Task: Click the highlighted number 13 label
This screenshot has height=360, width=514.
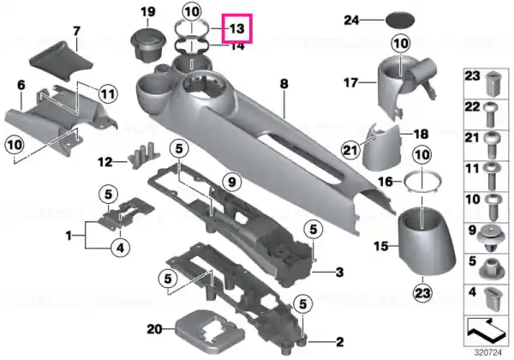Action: (236, 28)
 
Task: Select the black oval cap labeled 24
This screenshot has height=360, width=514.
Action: (399, 21)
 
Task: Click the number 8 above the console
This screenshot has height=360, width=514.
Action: (284, 84)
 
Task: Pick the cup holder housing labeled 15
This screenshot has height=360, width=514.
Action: (426, 242)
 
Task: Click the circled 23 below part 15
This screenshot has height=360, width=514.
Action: (422, 293)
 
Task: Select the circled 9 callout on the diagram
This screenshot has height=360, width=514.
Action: (232, 182)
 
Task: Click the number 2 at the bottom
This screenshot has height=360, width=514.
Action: (339, 342)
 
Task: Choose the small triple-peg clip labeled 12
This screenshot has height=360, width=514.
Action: (143, 155)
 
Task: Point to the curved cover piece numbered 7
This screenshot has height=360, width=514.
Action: (63, 60)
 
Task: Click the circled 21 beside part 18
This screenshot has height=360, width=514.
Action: (350, 151)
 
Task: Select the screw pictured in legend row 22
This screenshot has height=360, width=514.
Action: (490, 115)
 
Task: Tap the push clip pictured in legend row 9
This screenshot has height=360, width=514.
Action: (490, 237)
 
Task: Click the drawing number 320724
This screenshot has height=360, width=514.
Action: (488, 353)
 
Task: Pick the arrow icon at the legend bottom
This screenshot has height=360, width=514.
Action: (486, 331)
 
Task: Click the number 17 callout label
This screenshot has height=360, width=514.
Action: (350, 82)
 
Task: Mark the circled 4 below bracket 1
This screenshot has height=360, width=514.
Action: (120, 248)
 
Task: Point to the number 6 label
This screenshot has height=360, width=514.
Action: (21, 85)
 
